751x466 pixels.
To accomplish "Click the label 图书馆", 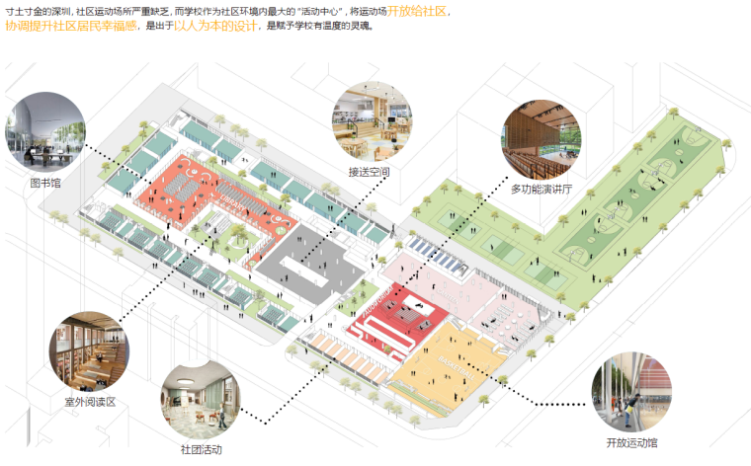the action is coord(46,184).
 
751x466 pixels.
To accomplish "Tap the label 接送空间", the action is coord(369,171).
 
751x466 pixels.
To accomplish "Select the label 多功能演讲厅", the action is coord(540,189).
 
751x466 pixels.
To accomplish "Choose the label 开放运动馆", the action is coord(630,441).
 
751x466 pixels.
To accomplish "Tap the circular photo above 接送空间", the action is coord(372,121).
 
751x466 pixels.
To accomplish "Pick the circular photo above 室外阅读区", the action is coord(89,351).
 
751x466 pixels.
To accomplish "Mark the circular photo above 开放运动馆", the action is coord(630,392).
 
